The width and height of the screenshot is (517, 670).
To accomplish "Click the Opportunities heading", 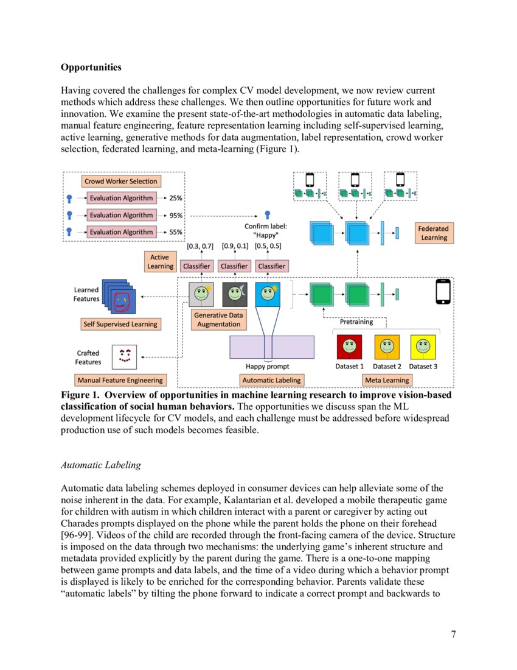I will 91,66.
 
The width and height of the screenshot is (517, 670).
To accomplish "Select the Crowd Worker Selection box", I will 120,181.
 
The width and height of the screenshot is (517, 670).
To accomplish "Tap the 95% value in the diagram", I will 176,215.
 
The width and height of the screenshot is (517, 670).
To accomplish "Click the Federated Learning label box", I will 433,233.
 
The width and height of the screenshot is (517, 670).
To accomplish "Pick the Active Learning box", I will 159,263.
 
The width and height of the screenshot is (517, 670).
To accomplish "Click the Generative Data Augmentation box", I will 218,320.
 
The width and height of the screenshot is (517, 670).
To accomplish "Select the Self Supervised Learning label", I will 120,324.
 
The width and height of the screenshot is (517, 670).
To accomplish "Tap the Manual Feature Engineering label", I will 120,380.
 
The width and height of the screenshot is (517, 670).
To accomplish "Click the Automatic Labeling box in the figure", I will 271,380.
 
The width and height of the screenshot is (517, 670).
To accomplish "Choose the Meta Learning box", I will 387,380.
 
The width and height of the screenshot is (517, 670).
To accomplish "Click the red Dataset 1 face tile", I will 349,347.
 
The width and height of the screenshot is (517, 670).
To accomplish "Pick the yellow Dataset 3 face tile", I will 423,347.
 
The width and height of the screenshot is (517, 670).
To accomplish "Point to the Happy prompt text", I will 267,367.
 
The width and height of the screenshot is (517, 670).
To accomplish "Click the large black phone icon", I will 444,291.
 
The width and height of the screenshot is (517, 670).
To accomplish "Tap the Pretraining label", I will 356,322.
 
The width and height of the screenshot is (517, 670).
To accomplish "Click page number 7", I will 453,635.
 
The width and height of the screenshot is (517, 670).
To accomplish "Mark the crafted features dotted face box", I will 125,356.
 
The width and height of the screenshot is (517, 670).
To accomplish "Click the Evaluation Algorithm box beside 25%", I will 120,198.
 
